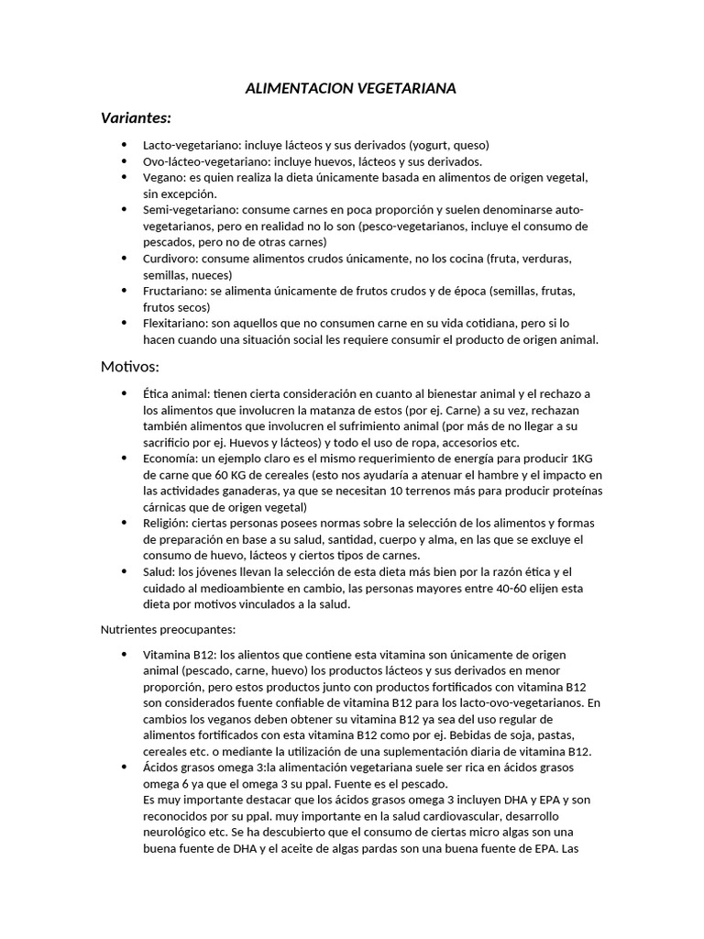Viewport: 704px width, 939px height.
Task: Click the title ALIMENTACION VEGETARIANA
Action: point(351,89)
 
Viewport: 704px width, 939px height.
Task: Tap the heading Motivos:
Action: point(129,367)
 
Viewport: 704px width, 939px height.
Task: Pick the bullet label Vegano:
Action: point(164,177)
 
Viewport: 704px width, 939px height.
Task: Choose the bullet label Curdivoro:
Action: point(171,259)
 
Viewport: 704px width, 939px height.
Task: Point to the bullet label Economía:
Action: point(172,458)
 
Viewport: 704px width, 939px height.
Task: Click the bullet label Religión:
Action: point(170,523)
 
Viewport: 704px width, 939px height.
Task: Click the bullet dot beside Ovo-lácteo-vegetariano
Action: point(124,161)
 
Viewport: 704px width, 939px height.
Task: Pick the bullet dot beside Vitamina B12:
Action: point(124,654)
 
